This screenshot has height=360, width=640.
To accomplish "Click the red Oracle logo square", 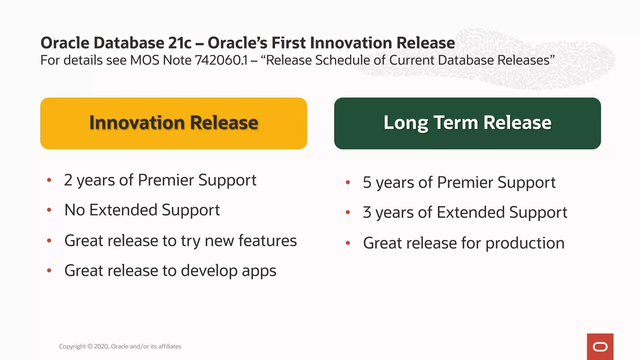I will tap(600, 347).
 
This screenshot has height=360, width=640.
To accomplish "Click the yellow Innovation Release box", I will tap(173, 123).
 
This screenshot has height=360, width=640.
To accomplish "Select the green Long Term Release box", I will tap(467, 123).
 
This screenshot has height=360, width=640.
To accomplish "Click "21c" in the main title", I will tap(180, 43).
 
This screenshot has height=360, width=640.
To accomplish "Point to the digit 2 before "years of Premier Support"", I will tap(68, 180).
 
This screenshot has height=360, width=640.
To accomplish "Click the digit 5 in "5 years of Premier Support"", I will tap(367, 182).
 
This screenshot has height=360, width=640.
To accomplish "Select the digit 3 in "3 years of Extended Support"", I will tap(367, 212).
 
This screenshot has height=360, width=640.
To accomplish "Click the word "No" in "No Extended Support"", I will tap(75, 210).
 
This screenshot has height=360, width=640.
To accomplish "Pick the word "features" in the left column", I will tap(267, 241).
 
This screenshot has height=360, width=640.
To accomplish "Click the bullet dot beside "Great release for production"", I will tap(348, 243).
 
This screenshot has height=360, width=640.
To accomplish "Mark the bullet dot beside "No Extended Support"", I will tap(49, 210).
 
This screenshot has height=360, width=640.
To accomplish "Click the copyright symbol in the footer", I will tap(90, 346).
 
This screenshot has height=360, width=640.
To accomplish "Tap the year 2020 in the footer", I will tap(101, 346).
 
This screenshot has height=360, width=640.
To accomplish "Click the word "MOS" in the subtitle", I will tap(144, 60).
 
